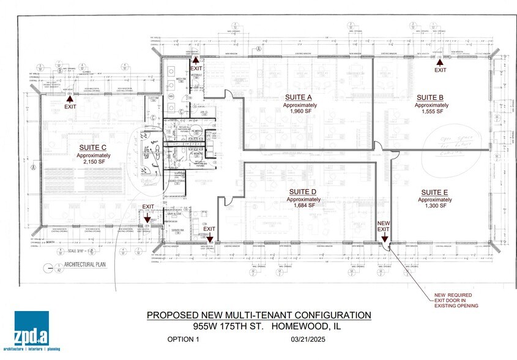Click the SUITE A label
click(299, 97)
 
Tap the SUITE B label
click(430, 97)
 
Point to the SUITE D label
click(302, 192)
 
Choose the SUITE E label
click(433, 192)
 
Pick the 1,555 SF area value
click(430, 113)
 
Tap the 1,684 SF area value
click(302, 206)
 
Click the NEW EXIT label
click(383, 226)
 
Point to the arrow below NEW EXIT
click(383, 241)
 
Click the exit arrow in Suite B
click(439, 62)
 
